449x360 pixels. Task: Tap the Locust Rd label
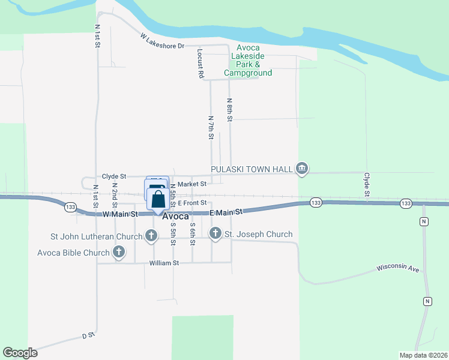coord(200,65)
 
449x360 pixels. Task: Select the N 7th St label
coord(211,128)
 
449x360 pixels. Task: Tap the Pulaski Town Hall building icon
coord(302,169)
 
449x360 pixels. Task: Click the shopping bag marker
coord(157,199)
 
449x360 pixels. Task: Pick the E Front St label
coord(192,203)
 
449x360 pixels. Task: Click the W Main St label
coord(120,214)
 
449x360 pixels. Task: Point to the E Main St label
coord(226,212)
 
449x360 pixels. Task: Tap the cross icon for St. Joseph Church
coord(215,233)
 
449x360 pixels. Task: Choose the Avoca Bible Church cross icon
coord(119,252)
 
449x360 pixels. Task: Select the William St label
coord(164,263)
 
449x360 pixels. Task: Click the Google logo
coord(20,353)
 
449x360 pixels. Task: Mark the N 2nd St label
coord(115,193)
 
